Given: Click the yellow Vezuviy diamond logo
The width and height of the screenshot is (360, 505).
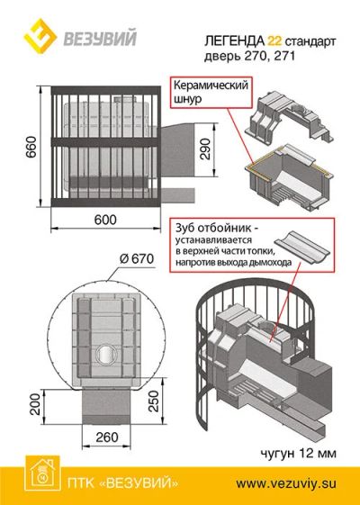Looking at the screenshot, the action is (40, 36).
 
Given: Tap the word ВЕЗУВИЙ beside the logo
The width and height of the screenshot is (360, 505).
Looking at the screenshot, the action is (100, 38).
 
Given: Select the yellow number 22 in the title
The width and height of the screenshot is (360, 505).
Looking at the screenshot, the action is (274, 41).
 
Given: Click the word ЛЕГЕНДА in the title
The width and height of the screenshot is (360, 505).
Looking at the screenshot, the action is (234, 41).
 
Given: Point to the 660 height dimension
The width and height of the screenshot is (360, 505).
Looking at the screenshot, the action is (31, 147).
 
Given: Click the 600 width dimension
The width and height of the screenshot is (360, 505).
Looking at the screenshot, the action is (105, 220).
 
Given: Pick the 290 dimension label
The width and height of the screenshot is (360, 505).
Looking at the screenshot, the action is (205, 149).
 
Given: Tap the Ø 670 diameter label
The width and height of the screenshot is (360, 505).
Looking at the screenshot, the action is (137, 258).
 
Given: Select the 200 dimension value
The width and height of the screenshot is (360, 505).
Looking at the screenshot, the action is (35, 404).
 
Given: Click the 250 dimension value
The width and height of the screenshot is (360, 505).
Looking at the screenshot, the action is (155, 401).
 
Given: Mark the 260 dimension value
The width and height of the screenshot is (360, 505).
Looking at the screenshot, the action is (106, 437).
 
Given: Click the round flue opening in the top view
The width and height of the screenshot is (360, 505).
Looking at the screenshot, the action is (105, 356).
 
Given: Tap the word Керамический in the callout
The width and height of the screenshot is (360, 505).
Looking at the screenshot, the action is (211, 86).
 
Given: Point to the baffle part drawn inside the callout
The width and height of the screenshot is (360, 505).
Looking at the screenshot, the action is (301, 247).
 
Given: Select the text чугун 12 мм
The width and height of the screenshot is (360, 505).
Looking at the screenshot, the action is (298, 453).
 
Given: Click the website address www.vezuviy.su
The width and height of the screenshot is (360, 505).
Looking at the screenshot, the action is (286, 483).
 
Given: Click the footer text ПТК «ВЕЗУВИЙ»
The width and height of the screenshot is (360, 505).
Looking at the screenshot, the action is (122, 483).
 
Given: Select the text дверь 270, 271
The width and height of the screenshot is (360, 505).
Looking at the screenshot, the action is (249, 57).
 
